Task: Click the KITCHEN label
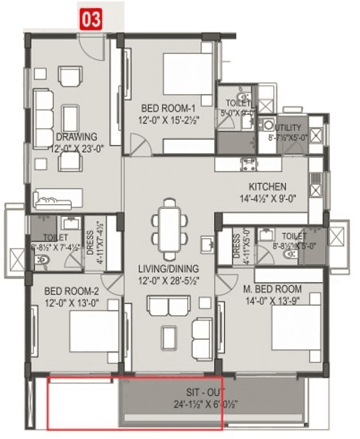pos(267,186)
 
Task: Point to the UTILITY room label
pos(288,127)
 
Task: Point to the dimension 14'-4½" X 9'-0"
pos(267,198)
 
